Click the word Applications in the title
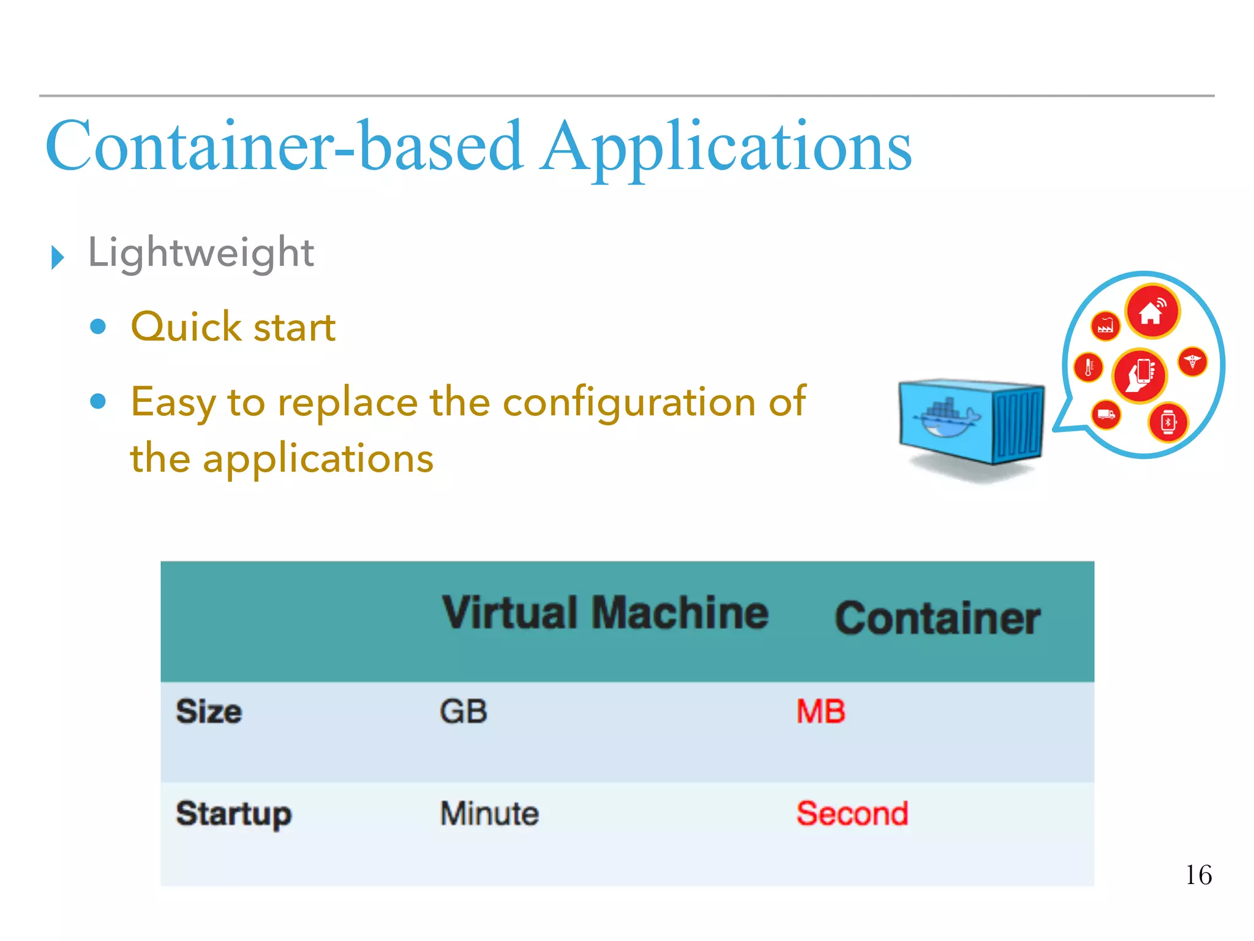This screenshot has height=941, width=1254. click(x=727, y=147)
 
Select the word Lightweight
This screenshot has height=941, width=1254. click(x=201, y=252)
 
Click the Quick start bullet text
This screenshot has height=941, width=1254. click(x=233, y=327)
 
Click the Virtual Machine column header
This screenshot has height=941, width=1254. click(x=605, y=613)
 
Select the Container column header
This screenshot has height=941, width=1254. click(x=937, y=618)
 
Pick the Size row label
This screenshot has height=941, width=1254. click(x=209, y=712)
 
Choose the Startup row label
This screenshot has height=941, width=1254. click(x=233, y=814)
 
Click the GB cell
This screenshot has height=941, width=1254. click(x=464, y=712)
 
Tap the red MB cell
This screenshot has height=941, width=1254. click(x=820, y=712)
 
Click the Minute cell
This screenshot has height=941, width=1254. click(x=489, y=814)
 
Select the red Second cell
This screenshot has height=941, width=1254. click(x=852, y=814)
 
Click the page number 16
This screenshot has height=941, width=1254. click(x=1198, y=875)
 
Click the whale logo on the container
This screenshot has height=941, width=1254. click(x=947, y=417)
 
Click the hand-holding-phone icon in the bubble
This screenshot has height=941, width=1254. click(x=1140, y=374)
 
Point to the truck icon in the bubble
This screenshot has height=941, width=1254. click(x=1106, y=415)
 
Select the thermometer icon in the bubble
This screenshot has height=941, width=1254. click(x=1089, y=368)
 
